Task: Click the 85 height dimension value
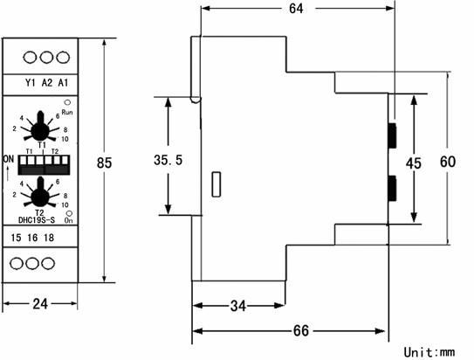click(104, 163)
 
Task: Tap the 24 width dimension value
click(40, 304)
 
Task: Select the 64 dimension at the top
click(296, 9)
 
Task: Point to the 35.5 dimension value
click(168, 160)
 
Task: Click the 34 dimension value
click(238, 306)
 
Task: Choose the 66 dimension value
click(301, 330)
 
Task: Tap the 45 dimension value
click(413, 163)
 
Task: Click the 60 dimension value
click(448, 162)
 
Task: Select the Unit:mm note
click(429, 352)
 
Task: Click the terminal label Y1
click(31, 83)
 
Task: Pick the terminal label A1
click(63, 83)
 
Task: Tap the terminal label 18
click(49, 238)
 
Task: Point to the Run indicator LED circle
click(67, 102)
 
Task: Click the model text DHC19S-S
click(37, 220)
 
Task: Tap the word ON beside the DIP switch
click(9, 159)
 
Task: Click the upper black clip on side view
click(392, 135)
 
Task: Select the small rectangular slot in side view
click(216, 184)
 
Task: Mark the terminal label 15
click(16, 238)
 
